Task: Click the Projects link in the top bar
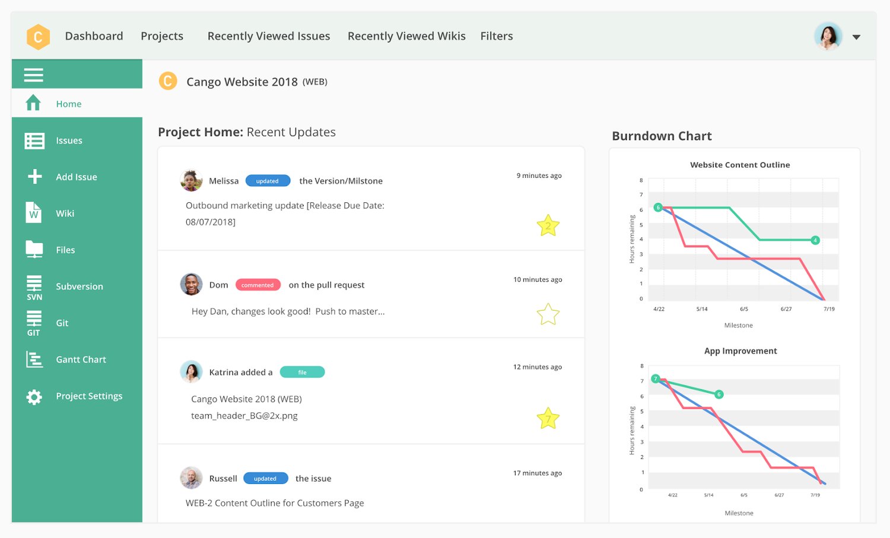162,36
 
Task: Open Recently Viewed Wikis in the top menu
406,36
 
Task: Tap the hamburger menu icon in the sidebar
33,75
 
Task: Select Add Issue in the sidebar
76,177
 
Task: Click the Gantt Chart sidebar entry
81,359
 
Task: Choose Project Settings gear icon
34,397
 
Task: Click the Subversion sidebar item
79,286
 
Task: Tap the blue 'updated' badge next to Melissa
268,181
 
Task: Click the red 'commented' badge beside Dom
258,285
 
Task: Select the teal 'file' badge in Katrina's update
302,373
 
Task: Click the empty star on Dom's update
548,314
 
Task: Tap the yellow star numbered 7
548,419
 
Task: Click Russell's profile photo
191,477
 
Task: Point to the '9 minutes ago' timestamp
539,176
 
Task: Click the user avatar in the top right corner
828,36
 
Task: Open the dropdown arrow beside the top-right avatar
856,37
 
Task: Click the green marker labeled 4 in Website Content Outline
815,240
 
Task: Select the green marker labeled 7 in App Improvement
656,378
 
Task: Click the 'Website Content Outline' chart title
740,165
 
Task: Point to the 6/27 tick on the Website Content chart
786,309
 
